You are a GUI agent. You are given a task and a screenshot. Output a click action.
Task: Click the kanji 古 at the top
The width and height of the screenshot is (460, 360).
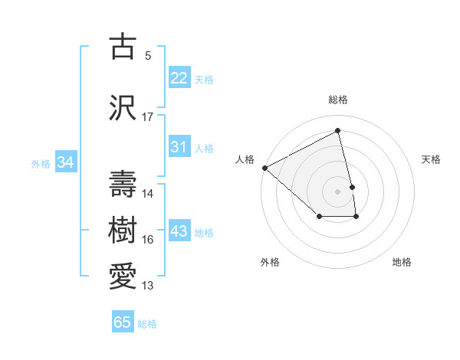point(123,47)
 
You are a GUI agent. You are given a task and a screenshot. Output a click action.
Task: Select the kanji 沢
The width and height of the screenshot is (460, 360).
point(123,108)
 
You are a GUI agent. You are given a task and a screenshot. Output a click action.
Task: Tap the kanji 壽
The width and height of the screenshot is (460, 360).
point(123,184)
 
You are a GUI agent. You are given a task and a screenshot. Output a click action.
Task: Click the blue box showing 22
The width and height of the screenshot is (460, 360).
point(179,77)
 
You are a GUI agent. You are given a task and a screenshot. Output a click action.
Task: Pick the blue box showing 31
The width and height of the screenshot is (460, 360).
point(179,146)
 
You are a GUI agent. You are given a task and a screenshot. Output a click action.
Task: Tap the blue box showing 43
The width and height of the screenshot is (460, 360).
point(179,231)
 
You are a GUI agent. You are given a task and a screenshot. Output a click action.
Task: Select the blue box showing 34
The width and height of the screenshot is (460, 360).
point(65,162)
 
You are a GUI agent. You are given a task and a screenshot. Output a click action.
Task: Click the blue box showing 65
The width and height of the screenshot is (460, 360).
point(123,322)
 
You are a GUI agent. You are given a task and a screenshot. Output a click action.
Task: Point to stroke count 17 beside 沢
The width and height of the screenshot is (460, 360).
point(148,117)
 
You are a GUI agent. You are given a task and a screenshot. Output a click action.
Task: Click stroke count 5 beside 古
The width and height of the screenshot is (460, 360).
point(148,56)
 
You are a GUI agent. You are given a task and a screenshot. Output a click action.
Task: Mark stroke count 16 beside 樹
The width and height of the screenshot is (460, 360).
point(148,240)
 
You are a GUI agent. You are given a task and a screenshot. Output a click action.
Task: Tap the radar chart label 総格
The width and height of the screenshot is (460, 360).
point(337,100)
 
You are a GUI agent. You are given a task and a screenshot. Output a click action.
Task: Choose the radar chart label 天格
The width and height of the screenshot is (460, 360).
point(432,159)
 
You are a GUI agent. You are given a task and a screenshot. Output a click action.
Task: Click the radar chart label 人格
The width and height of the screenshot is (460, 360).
point(245,159)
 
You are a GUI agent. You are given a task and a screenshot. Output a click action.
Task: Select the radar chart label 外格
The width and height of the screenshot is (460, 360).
point(270,262)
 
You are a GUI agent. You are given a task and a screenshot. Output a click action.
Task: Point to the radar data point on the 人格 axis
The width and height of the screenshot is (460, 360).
point(264,168)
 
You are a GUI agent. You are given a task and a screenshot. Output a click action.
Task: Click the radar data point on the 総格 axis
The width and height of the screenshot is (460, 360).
point(337,131)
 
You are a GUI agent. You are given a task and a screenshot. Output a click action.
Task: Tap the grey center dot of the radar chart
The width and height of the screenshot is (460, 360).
point(337,191)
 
